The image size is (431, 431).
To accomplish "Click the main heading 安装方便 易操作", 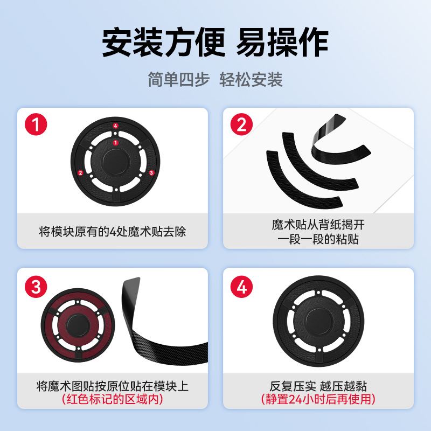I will [215, 42].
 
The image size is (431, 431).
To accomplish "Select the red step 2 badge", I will [242, 126].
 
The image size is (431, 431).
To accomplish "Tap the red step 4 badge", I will [242, 287].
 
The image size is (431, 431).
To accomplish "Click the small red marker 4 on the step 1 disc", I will [115, 127].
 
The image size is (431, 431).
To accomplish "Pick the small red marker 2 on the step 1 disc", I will [80, 173].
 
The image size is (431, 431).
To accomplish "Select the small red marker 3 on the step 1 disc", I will [151, 172].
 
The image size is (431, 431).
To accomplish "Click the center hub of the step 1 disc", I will [115, 159].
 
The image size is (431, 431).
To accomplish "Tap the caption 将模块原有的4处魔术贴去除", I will [116, 232].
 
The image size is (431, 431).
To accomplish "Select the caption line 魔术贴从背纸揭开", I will [322, 224].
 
